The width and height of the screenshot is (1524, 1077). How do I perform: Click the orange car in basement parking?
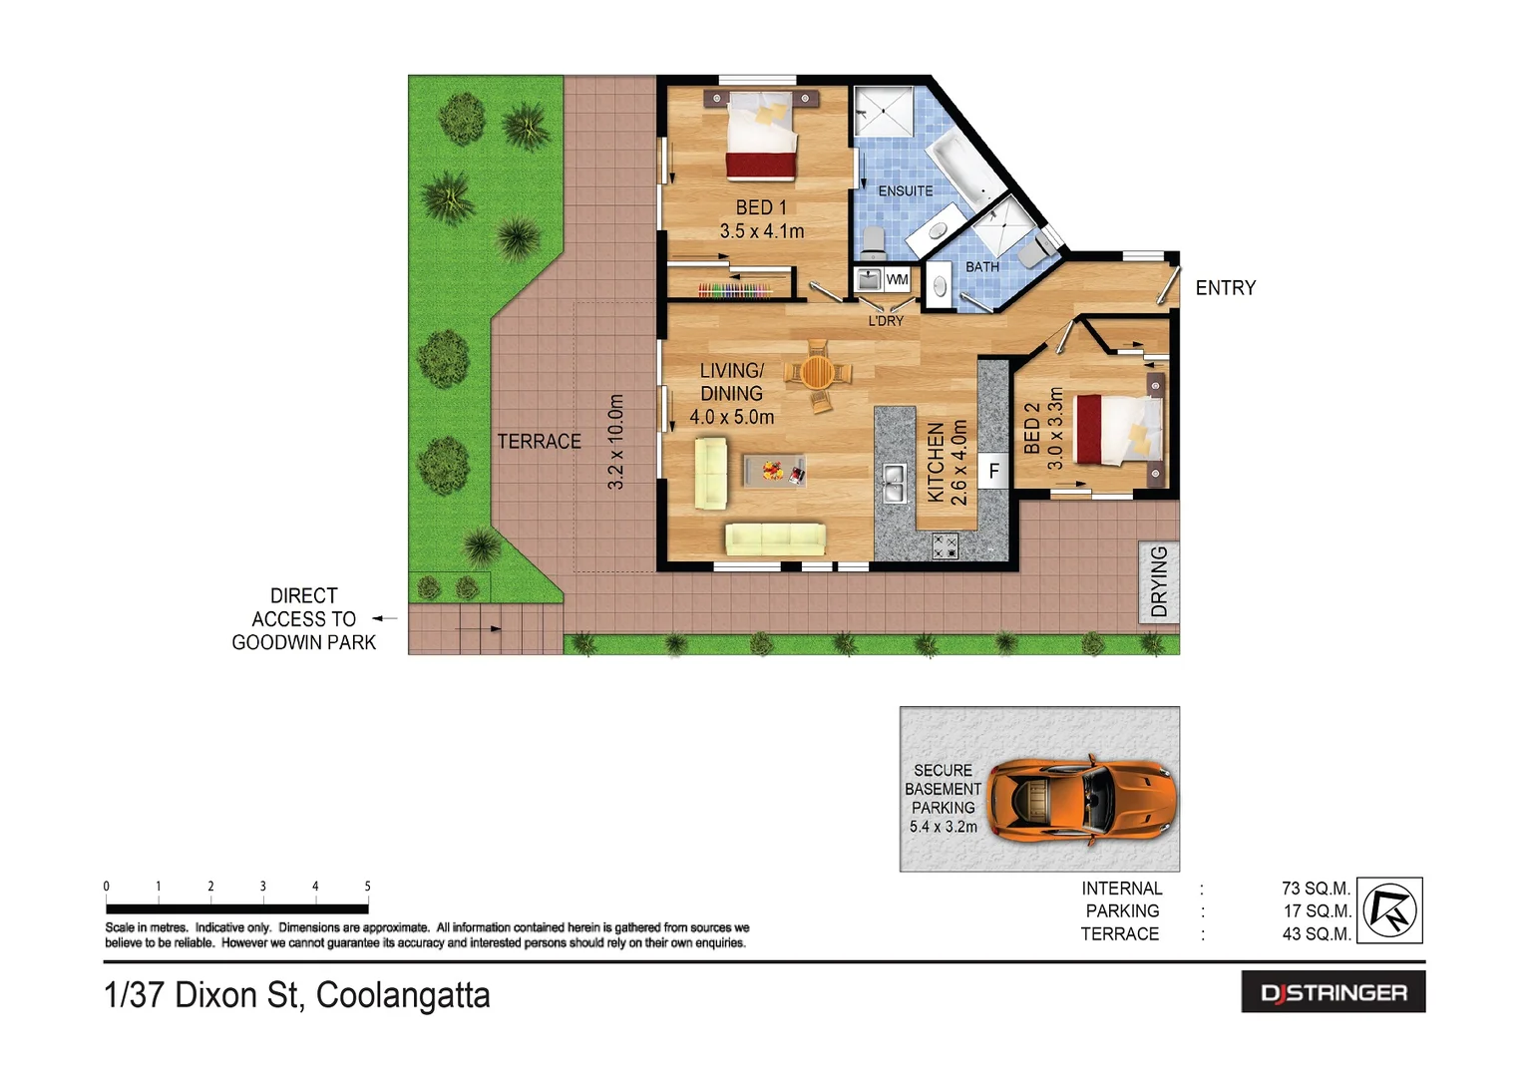click(x=1081, y=799)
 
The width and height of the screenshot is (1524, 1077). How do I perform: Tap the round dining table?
click(x=817, y=373)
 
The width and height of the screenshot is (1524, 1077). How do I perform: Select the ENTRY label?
click(x=1225, y=288)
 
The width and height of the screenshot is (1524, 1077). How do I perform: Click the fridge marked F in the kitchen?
click(x=993, y=471)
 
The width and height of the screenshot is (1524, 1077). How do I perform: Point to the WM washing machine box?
click(x=897, y=280)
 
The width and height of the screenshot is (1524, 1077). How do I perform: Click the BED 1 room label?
click(x=761, y=208)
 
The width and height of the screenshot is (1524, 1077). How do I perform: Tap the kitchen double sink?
click(x=894, y=484)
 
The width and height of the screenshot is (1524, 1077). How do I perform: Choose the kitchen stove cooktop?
click(x=944, y=545)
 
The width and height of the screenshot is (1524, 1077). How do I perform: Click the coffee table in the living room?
click(x=775, y=471)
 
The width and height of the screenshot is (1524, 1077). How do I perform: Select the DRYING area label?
click(x=1159, y=581)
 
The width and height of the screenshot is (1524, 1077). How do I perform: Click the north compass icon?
click(x=1390, y=910)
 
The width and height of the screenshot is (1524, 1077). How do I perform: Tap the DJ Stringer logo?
click(x=1333, y=992)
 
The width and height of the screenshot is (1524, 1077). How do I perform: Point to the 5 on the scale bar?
click(x=367, y=887)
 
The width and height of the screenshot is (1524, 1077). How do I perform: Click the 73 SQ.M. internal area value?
click(x=1315, y=889)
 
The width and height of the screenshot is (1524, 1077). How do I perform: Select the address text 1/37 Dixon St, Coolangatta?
click(x=297, y=995)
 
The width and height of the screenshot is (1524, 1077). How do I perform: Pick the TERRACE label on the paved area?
click(x=539, y=441)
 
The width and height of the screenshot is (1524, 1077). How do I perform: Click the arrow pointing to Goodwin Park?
click(x=385, y=619)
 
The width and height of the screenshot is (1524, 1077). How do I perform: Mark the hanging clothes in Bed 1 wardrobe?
click(x=734, y=290)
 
